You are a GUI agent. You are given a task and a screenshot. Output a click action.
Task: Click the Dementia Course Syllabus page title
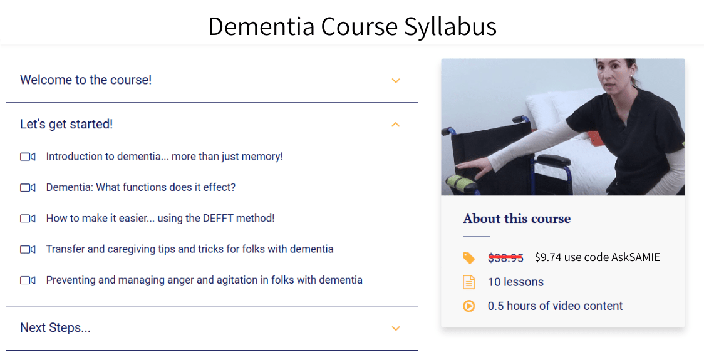point(352,26)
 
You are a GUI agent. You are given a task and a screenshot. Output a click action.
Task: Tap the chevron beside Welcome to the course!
point(395,80)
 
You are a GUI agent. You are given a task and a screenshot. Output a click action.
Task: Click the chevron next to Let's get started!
point(395,125)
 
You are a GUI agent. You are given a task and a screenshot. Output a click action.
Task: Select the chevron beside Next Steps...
point(395,328)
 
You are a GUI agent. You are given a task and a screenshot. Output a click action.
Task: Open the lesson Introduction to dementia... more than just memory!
point(164,157)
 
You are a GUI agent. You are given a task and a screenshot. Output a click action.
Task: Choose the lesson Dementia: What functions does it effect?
point(140,187)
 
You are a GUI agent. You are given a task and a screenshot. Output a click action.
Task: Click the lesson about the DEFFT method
point(160,219)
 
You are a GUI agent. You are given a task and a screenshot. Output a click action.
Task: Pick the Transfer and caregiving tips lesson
point(189,249)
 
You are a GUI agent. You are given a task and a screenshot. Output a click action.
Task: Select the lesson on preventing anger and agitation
point(204,280)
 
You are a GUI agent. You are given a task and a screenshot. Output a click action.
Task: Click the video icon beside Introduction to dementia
point(28,157)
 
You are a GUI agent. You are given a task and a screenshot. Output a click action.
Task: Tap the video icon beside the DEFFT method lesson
point(28,219)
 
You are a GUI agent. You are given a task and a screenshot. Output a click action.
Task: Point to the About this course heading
point(517,219)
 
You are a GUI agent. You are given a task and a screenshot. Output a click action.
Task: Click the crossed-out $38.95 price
point(505,257)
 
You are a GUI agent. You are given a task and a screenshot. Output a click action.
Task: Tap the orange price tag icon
point(468,257)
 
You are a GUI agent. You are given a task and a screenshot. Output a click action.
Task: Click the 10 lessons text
point(515,282)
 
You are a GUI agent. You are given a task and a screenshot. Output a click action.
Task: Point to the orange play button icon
point(468,306)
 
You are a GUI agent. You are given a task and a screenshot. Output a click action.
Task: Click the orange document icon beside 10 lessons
point(468,282)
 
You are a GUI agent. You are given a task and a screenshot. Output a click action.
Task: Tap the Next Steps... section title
point(55,328)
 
